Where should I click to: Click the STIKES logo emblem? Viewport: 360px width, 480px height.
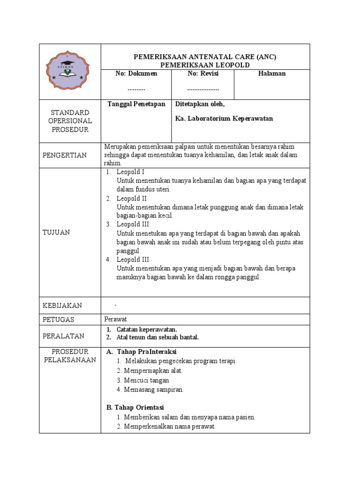point(70,71)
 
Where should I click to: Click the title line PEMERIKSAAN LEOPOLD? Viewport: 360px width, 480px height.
point(205,65)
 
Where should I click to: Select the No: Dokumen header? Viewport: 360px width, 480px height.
point(136,74)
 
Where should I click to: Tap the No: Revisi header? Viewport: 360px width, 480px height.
point(203,74)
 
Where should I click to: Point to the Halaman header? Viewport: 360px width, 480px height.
point(272,74)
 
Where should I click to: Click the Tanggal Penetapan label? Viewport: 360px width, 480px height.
point(136,104)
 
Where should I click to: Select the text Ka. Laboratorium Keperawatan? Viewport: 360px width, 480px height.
point(224,119)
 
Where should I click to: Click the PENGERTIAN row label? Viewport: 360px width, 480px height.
point(65,155)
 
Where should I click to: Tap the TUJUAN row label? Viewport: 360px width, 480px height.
point(56,232)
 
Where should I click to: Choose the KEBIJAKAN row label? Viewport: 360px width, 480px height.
point(62,306)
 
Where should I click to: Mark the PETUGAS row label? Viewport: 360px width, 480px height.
point(59,320)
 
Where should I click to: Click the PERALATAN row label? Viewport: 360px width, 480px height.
point(63,336)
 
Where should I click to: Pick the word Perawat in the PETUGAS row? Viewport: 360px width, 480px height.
point(115,319)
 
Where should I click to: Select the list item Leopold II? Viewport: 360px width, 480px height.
point(131,198)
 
